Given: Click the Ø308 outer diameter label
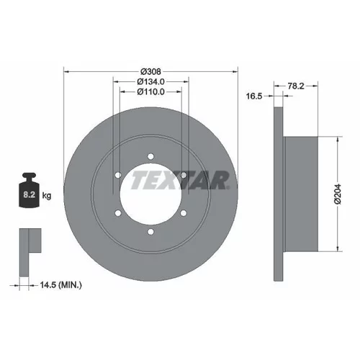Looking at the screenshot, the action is (150, 71).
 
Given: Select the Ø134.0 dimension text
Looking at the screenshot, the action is (150, 81).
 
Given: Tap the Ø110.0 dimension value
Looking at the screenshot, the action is (150, 91).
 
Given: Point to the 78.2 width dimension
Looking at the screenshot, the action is (296, 86).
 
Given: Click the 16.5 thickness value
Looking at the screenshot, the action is (254, 96).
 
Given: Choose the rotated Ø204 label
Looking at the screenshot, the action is (337, 194).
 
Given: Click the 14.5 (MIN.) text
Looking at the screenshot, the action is (60, 285).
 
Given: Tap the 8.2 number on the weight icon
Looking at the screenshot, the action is (30, 194).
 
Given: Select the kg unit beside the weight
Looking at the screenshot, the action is (47, 196).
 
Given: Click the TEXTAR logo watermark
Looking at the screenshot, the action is (180, 180).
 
